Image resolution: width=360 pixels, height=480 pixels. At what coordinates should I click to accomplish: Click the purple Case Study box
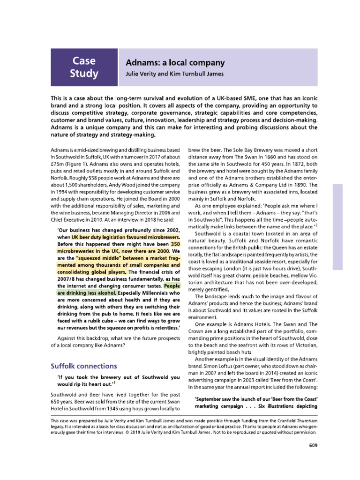pyautogui.click(x=84, y=67)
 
